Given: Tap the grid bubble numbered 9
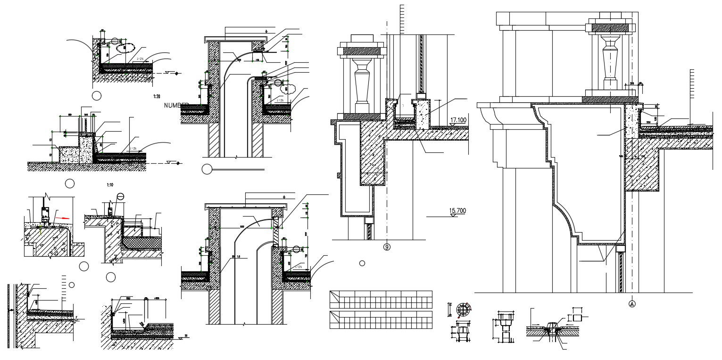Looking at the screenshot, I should pyautogui.click(x=387, y=247).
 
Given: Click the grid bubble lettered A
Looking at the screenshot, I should pyautogui.click(x=632, y=304).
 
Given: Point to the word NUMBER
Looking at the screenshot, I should pyautogui.click(x=176, y=105).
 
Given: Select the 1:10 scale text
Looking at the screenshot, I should pyautogui.click(x=110, y=185).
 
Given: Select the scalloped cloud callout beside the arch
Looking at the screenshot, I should pyautogui.click(x=285, y=88).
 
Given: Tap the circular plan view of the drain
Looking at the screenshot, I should pyautogui.click(x=463, y=310).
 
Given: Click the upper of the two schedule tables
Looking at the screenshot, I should pyautogui.click(x=381, y=300).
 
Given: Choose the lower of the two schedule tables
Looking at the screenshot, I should pyautogui.click(x=381, y=319).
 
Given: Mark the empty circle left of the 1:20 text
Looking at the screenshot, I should pyautogui.click(x=96, y=96).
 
